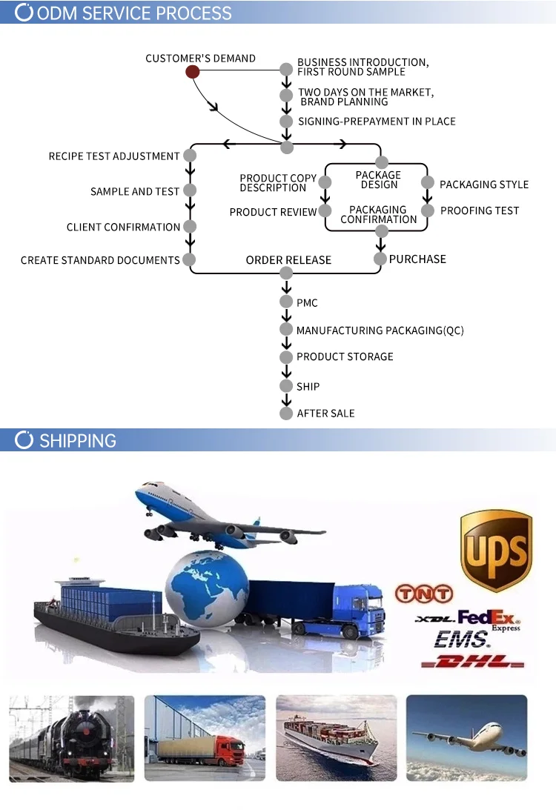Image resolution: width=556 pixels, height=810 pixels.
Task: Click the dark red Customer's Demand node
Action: [192, 72]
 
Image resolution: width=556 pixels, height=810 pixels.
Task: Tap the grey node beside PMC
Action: [286, 302]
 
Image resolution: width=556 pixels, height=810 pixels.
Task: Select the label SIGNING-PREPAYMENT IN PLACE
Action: [377, 122]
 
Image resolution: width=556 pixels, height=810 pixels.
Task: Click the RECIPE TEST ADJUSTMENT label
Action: [114, 156]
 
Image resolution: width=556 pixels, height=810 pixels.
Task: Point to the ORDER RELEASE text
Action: [288, 260]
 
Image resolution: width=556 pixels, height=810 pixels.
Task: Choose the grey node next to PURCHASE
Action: [380, 259]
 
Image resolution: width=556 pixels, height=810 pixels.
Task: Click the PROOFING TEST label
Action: [480, 211]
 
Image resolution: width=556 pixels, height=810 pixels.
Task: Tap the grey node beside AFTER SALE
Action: [286, 413]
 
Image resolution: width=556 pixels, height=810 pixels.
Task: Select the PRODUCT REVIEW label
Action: [273, 212]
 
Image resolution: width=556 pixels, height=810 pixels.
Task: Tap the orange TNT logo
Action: [423, 594]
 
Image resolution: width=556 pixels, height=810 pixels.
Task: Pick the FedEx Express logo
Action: [489, 618]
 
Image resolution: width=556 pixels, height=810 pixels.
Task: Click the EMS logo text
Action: [461, 639]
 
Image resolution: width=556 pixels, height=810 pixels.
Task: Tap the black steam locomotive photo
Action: [71, 737]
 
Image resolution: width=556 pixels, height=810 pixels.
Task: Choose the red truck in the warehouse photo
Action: [224, 749]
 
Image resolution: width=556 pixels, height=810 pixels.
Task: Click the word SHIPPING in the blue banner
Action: [78, 441]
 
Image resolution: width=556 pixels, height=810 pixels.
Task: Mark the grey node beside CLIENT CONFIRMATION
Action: [190, 227]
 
